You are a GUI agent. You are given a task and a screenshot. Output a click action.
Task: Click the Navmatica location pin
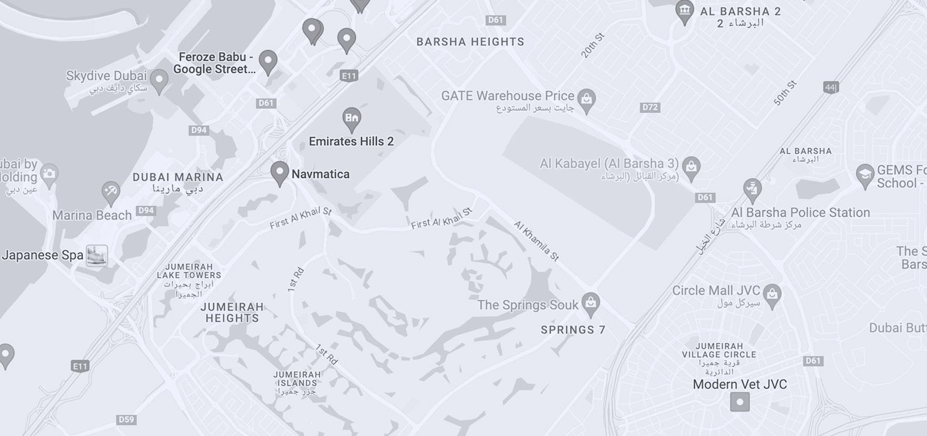280,172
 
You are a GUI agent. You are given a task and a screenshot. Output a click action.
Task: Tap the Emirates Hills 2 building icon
352,118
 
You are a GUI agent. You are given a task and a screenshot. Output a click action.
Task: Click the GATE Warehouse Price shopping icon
586,99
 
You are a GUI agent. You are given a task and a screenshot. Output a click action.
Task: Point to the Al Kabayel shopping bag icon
691,167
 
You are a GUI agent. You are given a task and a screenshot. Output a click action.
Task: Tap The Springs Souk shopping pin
591,303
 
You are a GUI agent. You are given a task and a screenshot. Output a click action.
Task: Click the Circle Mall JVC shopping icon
771,294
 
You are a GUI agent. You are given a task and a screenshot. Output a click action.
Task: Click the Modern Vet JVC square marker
740,402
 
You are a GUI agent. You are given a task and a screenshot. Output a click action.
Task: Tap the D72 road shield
650,108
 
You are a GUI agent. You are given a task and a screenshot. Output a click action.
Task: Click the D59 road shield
126,419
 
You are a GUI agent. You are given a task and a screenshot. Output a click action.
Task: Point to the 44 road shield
830,88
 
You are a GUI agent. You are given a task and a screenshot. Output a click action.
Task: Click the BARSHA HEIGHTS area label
470,42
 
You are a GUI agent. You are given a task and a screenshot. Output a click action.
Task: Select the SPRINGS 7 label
573,330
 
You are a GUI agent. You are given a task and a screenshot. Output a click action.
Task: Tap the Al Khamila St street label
536,241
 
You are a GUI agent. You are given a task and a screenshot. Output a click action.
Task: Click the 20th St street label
593,46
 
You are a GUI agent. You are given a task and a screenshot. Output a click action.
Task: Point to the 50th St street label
786,93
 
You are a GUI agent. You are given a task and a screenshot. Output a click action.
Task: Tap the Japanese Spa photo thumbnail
97,256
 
